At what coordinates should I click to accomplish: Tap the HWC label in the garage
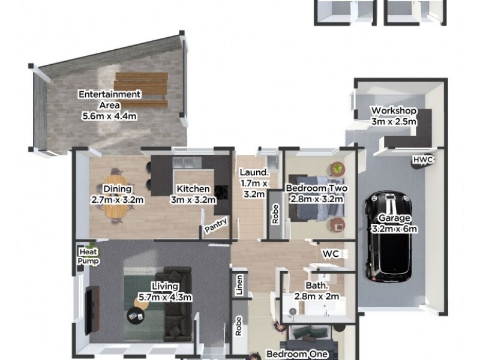click(422, 160)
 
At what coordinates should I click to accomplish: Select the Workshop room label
click(394, 111)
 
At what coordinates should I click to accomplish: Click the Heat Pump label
click(89, 256)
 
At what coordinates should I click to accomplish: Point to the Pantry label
click(215, 227)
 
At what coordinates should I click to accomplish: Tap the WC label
click(331, 254)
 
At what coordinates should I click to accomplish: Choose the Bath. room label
click(316, 286)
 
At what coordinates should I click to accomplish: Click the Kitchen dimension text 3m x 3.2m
click(193, 200)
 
